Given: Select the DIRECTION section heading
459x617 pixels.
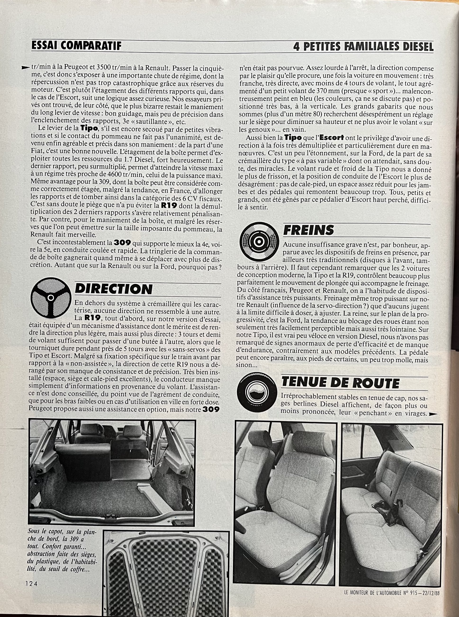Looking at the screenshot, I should click(x=114, y=289).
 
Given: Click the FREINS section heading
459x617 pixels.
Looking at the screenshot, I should click(x=308, y=230).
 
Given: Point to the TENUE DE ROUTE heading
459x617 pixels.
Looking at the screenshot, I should click(x=340, y=383).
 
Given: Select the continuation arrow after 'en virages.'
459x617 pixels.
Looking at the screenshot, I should click(x=433, y=414).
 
